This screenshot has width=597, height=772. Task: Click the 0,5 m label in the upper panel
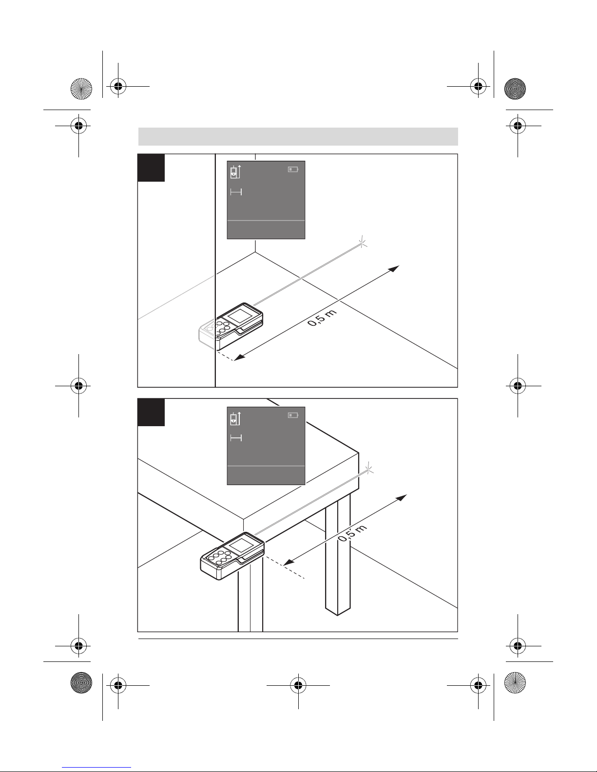[322, 318]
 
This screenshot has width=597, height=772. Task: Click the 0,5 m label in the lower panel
[352, 533]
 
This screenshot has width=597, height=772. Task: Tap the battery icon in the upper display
[293, 169]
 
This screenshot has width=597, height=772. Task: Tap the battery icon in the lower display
[293, 415]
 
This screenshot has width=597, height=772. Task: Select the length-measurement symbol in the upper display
[236, 192]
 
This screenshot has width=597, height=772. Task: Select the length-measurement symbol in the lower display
[236, 438]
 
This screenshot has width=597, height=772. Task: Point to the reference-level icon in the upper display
[235, 172]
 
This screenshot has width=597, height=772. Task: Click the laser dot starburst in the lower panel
[369, 471]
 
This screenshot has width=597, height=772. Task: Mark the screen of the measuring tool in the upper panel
[239, 316]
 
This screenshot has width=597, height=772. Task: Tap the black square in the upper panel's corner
[151, 168]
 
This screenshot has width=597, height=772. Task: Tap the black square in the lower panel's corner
[151, 412]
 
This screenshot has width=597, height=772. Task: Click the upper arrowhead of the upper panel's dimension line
[394, 268]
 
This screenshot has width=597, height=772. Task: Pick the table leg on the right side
[338, 554]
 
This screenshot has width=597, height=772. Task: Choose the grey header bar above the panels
[298, 136]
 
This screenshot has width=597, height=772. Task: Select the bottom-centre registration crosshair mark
[298, 685]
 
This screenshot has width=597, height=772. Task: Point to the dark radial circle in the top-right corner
[515, 89]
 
